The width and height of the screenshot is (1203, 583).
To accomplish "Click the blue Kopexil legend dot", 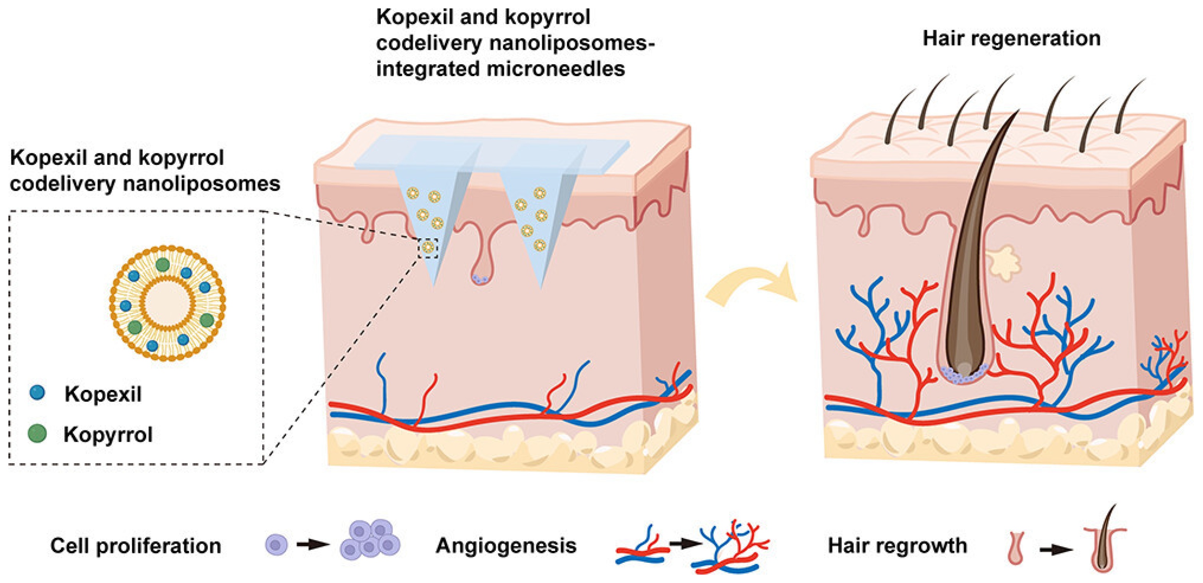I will (x=37, y=392).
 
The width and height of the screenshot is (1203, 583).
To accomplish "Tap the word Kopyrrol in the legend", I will (x=108, y=435).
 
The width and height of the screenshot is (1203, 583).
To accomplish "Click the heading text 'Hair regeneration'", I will (x=1011, y=38).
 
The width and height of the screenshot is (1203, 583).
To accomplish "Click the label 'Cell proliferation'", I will (x=135, y=546).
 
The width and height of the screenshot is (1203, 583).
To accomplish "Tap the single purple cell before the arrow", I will (x=276, y=545).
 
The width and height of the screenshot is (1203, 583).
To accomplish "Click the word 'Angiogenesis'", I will (x=506, y=545).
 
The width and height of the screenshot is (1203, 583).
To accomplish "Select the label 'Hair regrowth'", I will (x=897, y=545).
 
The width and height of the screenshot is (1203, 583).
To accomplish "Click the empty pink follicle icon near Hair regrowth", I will (x=1016, y=547).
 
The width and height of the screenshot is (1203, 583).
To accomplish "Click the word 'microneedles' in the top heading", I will (x=555, y=69).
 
